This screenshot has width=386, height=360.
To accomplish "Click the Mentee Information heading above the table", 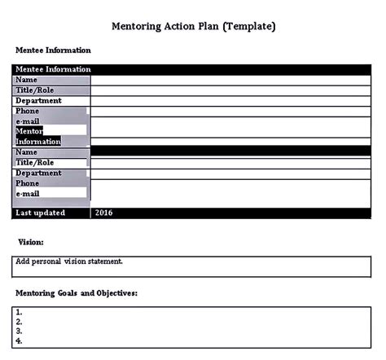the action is click(x=53, y=50).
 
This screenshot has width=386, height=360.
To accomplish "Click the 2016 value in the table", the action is click(x=104, y=213).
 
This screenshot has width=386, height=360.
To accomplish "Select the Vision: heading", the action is click(x=31, y=242).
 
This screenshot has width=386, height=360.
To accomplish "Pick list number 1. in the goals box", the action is click(x=20, y=312).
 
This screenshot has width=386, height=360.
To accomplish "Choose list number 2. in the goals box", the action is click(x=20, y=322).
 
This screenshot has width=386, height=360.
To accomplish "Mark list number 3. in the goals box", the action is click(x=20, y=331).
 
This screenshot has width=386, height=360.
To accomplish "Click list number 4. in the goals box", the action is click(x=20, y=341).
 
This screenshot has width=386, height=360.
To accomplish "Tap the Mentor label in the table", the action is click(x=29, y=130).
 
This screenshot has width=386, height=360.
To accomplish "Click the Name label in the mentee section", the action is click(x=27, y=80).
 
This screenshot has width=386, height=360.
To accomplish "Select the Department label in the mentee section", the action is click(x=38, y=100).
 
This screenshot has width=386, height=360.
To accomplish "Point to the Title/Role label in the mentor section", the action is click(x=36, y=162).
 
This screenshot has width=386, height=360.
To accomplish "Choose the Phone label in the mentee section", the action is click(x=28, y=111).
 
